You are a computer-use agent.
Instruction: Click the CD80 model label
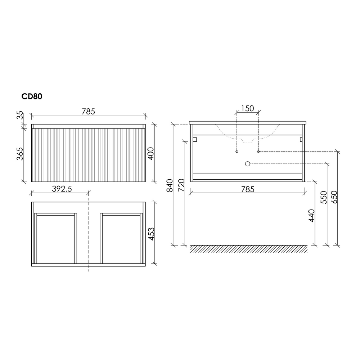pyautogui.click(x=32, y=96)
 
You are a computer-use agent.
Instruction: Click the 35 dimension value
pyautogui.click(x=20, y=115)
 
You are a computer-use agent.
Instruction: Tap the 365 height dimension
pyautogui.click(x=20, y=154)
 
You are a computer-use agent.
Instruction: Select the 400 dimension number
pyautogui.click(x=150, y=154)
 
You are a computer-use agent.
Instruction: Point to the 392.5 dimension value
pyautogui.click(x=62, y=189)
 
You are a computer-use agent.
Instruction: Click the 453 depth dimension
pyautogui.click(x=151, y=234)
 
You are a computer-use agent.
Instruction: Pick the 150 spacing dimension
pyautogui.click(x=248, y=108)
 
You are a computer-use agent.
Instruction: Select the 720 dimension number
pyautogui.click(x=181, y=185)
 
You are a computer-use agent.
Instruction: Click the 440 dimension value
pyautogui.click(x=311, y=216)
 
